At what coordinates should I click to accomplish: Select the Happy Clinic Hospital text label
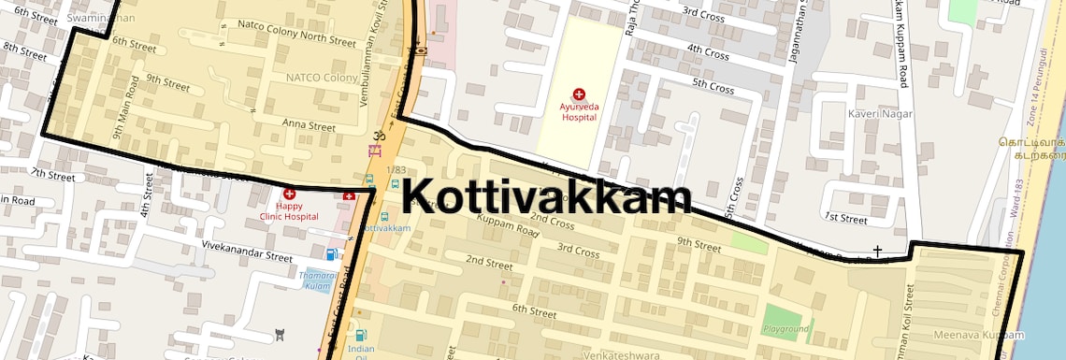(x=289, y=209)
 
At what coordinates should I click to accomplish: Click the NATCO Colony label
(x=321, y=78)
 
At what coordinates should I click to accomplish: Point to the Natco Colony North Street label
(x=296, y=34)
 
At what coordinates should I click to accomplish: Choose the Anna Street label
(x=309, y=125)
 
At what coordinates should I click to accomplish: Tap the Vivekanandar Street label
(x=248, y=254)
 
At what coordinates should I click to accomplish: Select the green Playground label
(x=785, y=329)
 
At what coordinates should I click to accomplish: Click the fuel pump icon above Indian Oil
(x=361, y=336)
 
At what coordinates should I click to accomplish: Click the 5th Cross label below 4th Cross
(x=713, y=86)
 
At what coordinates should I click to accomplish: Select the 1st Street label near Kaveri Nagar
(x=847, y=218)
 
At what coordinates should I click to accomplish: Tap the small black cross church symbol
(x=877, y=251)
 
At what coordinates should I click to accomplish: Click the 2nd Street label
(x=489, y=261)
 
